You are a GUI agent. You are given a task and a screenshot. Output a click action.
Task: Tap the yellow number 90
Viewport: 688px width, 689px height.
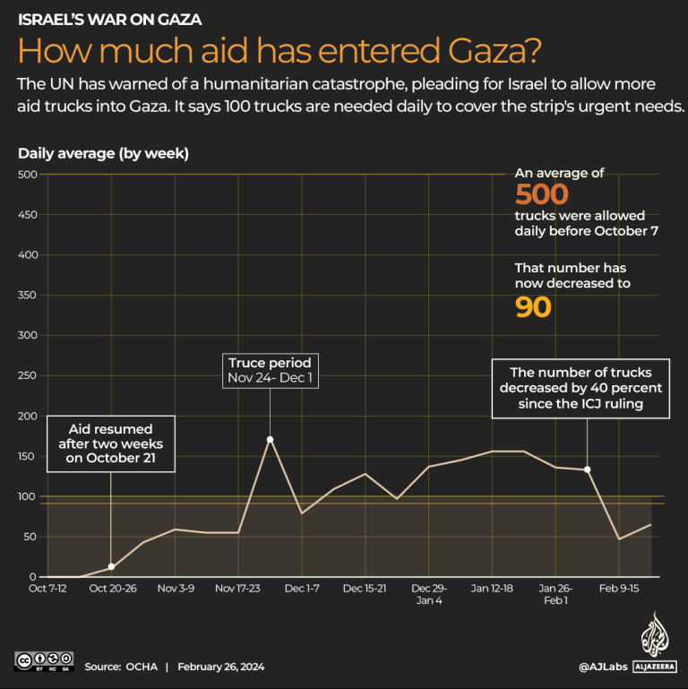click(x=532, y=307)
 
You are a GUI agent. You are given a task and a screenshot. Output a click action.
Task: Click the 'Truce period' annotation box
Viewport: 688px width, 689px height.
click(x=270, y=370)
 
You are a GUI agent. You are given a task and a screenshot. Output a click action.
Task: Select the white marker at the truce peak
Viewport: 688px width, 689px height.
click(x=270, y=439)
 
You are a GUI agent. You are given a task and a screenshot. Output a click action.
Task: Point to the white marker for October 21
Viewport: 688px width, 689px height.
click(x=111, y=566)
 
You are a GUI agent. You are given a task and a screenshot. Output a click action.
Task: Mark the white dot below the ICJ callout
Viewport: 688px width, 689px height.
click(x=587, y=469)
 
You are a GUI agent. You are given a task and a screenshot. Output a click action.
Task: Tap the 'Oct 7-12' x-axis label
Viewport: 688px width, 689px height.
click(x=47, y=589)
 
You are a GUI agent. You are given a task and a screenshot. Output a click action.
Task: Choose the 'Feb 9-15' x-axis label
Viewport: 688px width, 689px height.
click(x=619, y=589)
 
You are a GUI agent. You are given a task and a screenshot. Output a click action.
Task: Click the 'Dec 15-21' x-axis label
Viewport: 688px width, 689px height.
click(x=365, y=589)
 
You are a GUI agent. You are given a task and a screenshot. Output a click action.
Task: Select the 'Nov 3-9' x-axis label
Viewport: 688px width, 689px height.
click(x=176, y=589)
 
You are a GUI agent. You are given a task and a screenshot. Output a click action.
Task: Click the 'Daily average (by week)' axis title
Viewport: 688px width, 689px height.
click(x=103, y=153)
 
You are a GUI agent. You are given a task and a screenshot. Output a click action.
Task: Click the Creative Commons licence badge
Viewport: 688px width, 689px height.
click(x=42, y=662)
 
